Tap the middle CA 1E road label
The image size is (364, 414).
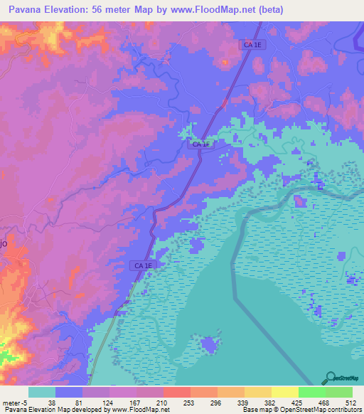(200, 144)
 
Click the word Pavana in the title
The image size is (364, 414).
(26, 9)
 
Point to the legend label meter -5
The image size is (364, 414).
(14, 402)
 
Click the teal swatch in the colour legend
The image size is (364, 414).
(41, 392)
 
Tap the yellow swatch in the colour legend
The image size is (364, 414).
(284, 392)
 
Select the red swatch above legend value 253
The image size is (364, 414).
(176, 392)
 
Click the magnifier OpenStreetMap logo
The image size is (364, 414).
(330, 377)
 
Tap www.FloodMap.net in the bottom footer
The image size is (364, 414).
(139, 410)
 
